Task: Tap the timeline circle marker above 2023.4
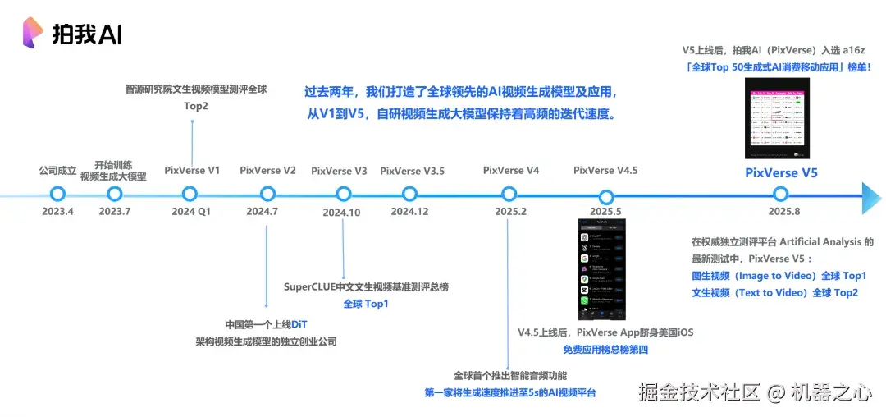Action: pos(57,194)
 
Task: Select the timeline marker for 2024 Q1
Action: pos(190,194)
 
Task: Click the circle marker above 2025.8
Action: pos(780,194)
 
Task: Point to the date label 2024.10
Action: pos(342,213)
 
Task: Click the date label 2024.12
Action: pos(409,212)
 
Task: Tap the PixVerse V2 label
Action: pos(267,171)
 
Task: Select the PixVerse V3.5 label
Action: pos(412,171)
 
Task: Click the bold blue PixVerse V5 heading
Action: pos(781,173)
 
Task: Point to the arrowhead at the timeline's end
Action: pos(871,198)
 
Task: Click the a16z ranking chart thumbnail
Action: pos(777,118)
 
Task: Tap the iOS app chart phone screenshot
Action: pos(606,268)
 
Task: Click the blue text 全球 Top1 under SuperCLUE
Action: pos(365,305)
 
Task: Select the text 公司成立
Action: pos(57,171)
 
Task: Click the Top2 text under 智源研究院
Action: pos(196,106)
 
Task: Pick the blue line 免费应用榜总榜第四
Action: pos(605,350)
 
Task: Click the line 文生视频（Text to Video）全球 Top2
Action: pos(775,292)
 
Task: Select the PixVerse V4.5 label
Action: pos(605,171)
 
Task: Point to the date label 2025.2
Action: pos(510,212)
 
